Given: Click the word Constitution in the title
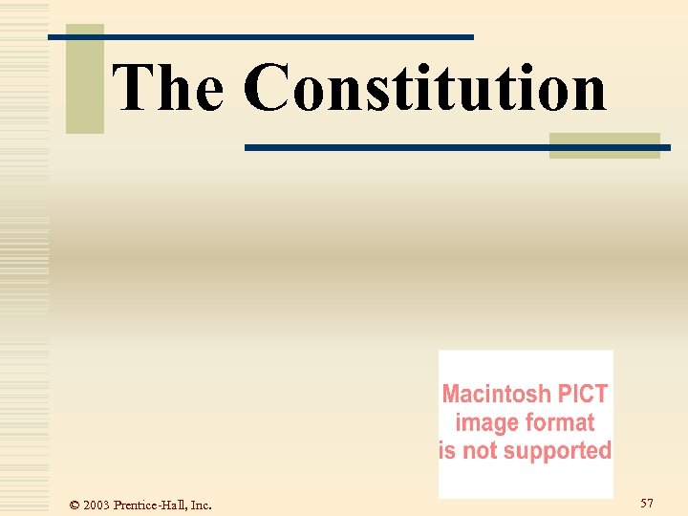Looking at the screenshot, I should (425, 87).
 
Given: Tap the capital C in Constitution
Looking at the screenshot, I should (268, 87).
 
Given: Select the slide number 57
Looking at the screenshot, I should (647, 503).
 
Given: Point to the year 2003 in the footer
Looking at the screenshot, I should (97, 505).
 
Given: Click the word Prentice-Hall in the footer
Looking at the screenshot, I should (149, 505).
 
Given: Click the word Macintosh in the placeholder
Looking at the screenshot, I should (496, 394).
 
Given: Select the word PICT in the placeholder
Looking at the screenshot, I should (582, 394).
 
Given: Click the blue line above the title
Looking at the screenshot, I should (287, 36).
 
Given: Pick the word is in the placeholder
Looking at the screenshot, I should (447, 450).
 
